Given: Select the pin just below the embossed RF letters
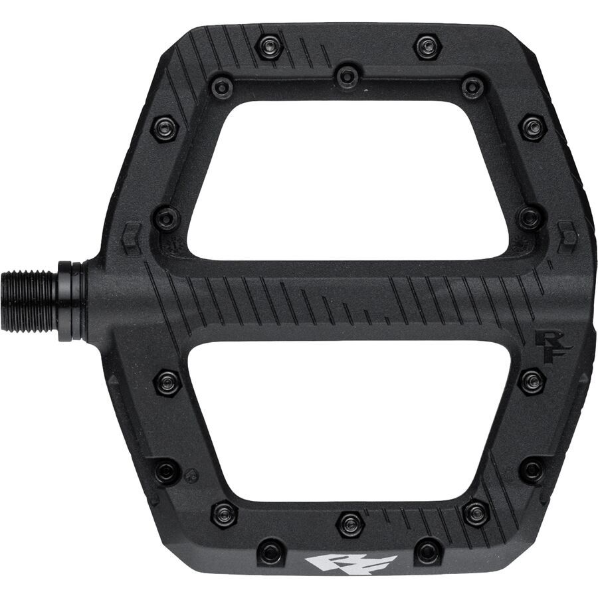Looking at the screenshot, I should [x=532, y=381].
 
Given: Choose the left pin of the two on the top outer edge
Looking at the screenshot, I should [x=270, y=46].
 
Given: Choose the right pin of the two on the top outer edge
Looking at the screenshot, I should [x=427, y=46].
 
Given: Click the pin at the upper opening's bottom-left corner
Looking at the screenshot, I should [x=166, y=218].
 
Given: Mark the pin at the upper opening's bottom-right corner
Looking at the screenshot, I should [x=530, y=217].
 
